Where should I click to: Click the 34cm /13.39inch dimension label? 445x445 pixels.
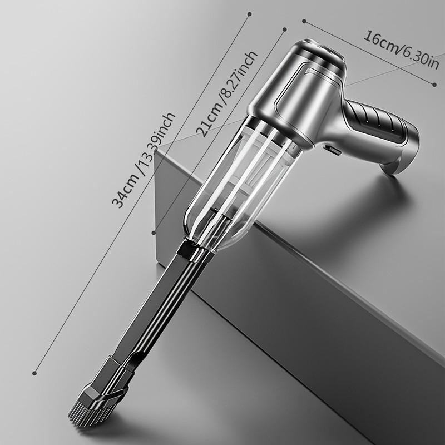(x=144, y=160)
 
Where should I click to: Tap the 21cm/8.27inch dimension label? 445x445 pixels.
(x=227, y=94)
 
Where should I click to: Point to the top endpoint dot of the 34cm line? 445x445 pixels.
(x=249, y=14)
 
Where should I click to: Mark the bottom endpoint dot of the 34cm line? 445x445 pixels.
(x=34, y=373)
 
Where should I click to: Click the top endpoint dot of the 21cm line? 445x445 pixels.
(x=285, y=29)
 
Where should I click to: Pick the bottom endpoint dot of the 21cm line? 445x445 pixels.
(x=154, y=233)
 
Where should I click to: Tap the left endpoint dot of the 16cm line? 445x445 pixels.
(x=304, y=21)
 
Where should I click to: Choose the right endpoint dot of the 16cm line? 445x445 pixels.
(x=434, y=85)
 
